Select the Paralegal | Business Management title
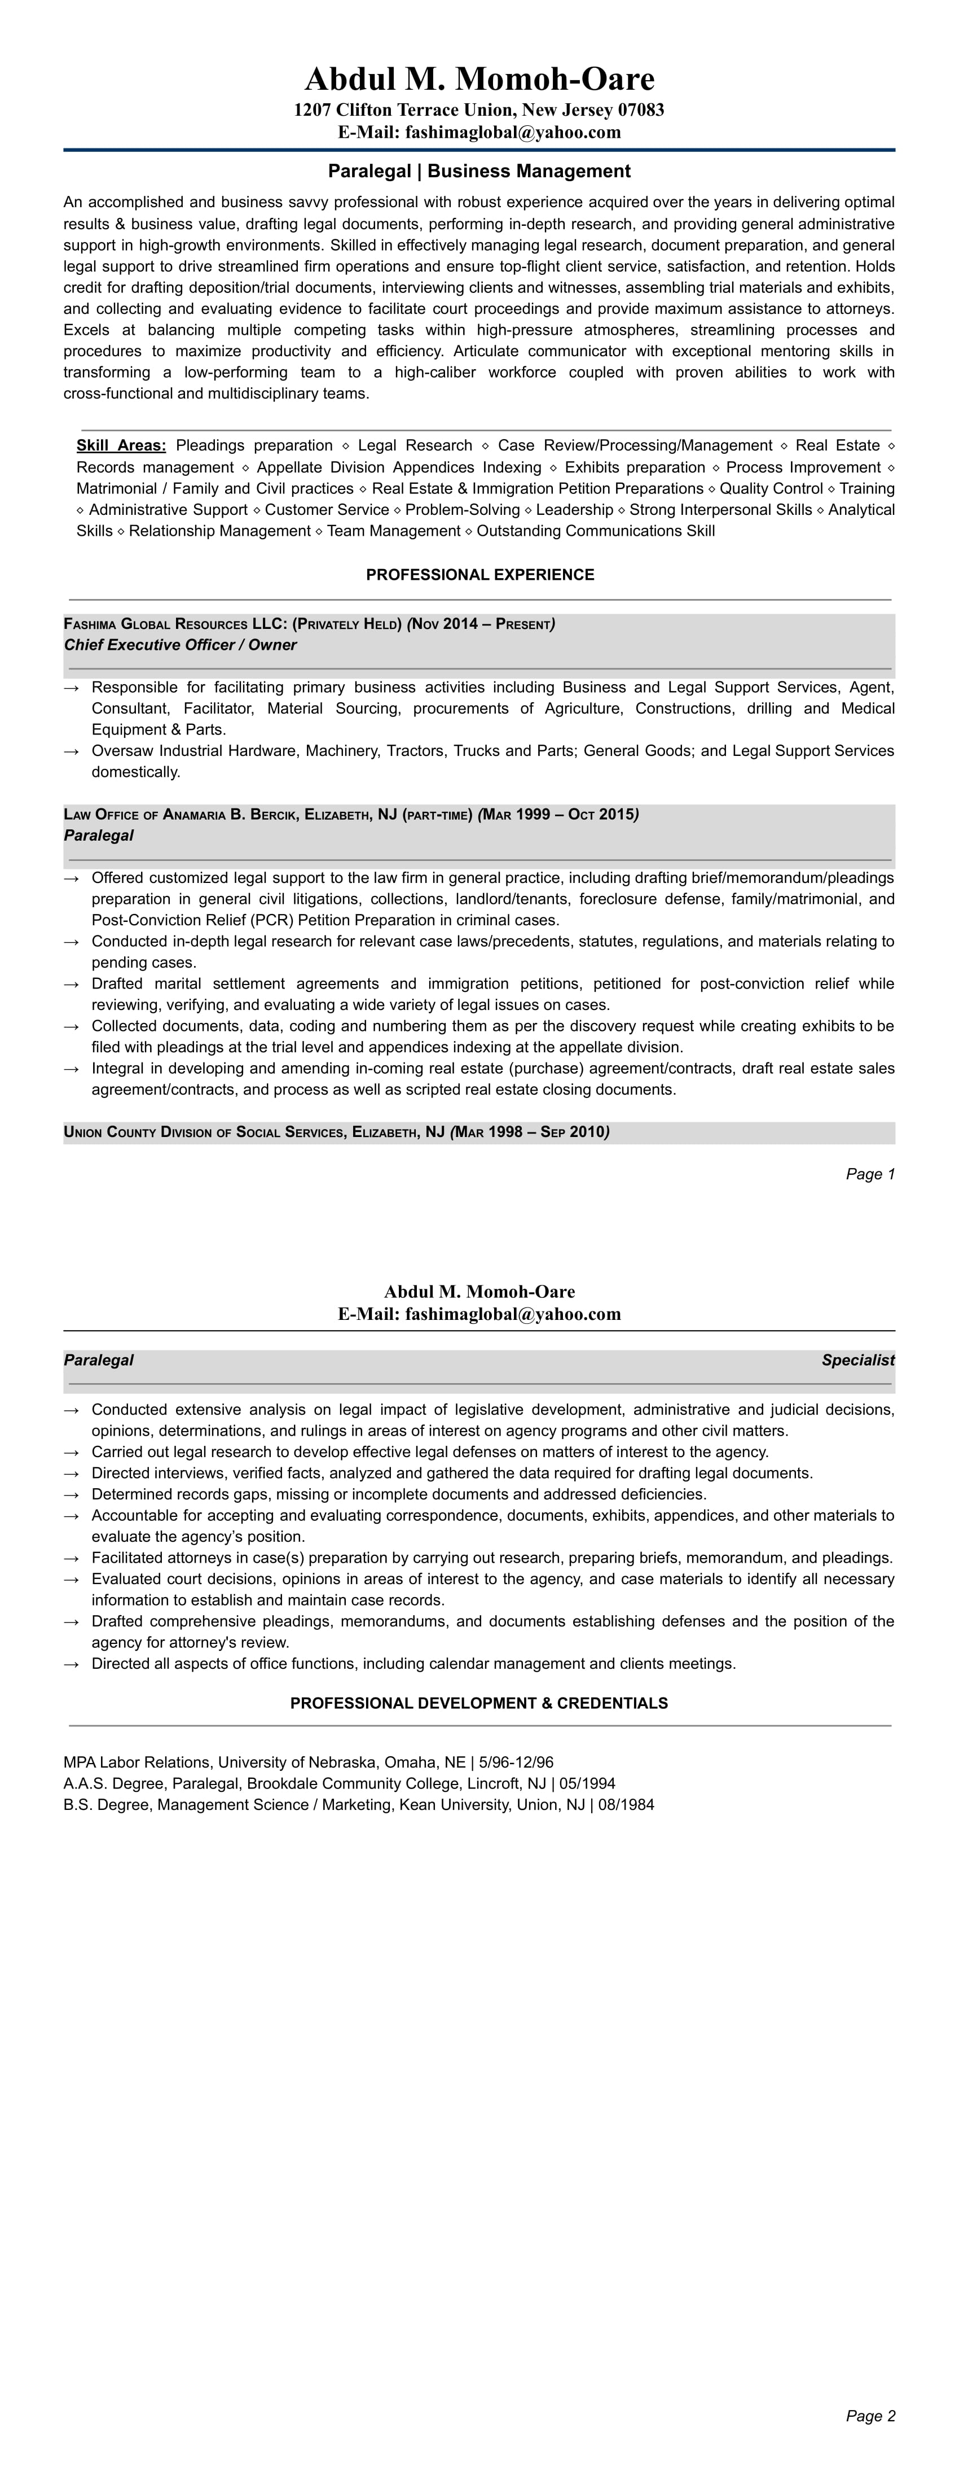479,172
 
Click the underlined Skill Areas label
121,445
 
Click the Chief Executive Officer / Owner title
180,645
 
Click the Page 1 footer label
870,1174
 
